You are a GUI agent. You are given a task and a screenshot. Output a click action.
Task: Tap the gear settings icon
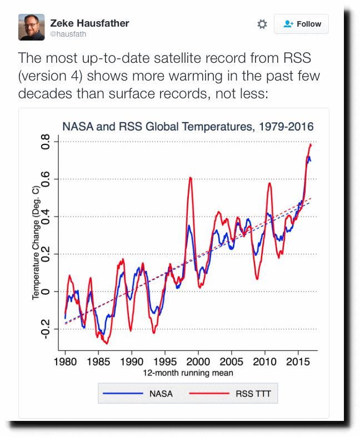click(262, 24)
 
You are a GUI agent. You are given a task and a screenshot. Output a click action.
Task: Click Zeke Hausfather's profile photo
click(32, 27)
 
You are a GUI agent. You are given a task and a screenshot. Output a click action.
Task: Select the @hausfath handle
click(68, 34)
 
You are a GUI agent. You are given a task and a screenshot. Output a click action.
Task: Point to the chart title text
click(188, 127)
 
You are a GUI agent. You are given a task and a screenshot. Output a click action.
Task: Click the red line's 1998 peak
click(191, 178)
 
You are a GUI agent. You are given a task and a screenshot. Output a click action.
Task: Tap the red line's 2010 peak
click(269, 183)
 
